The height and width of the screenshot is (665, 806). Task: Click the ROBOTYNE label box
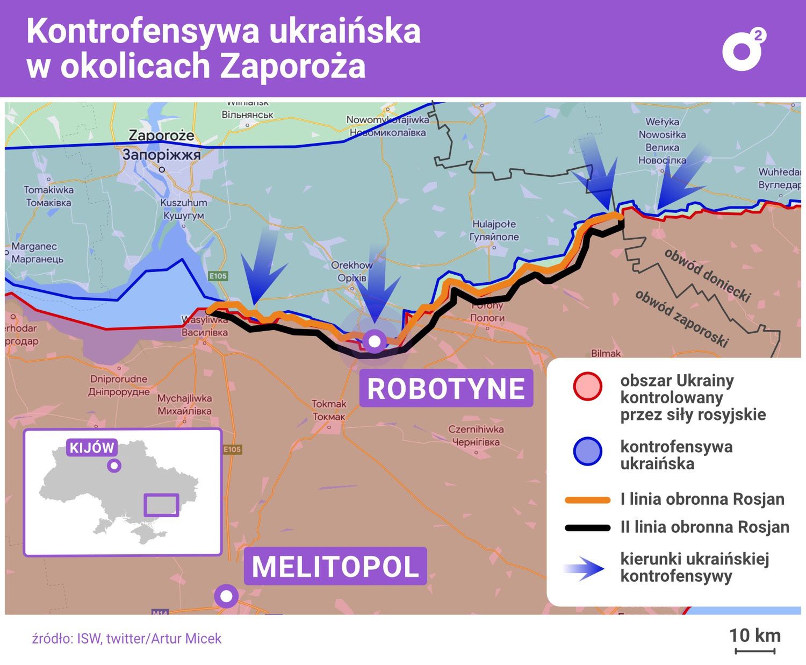pyautogui.click(x=445, y=388)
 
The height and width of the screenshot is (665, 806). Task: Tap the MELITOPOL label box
pyautogui.click(x=335, y=567)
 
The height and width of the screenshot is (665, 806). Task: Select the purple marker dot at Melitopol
pyautogui.click(x=226, y=596)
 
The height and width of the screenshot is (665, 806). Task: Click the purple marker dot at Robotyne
pyautogui.click(x=374, y=341)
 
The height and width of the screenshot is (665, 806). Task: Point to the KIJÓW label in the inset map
pyautogui.click(x=92, y=448)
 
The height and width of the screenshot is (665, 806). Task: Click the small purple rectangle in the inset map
pyautogui.click(x=161, y=505)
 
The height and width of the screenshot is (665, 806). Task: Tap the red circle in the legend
pyautogui.click(x=587, y=387)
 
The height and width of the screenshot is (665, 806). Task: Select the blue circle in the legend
pyautogui.click(x=587, y=452)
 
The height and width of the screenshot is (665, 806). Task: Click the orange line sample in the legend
pyautogui.click(x=587, y=500)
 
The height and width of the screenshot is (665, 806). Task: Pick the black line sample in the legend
pyautogui.click(x=587, y=528)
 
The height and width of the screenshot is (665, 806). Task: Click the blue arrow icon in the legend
pyautogui.click(x=586, y=569)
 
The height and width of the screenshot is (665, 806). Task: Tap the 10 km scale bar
pyautogui.click(x=754, y=651)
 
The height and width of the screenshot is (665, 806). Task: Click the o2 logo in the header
pyautogui.click(x=743, y=49)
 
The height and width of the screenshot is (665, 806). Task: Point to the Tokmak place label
pyautogui.click(x=329, y=410)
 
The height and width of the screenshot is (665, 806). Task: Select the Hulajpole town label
pyautogui.click(x=494, y=230)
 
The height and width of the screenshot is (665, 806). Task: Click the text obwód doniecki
pyautogui.click(x=707, y=275)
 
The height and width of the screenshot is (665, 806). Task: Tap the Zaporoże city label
pyautogui.click(x=161, y=135)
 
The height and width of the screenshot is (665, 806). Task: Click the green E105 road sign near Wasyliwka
pyautogui.click(x=218, y=276)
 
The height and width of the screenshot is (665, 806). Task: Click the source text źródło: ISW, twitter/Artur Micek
pyautogui.click(x=127, y=639)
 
